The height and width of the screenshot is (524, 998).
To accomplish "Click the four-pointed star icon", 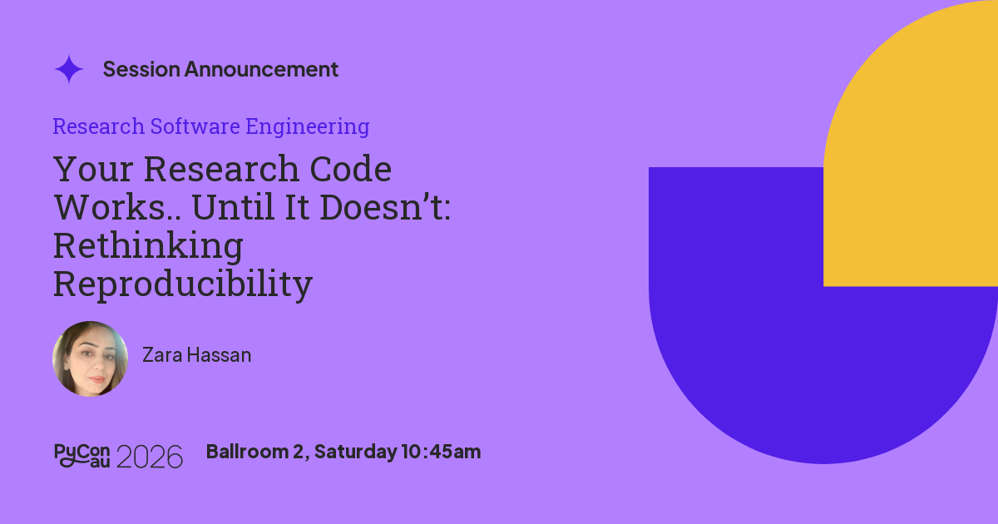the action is click(68, 69).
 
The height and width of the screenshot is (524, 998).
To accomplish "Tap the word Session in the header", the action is click(141, 70).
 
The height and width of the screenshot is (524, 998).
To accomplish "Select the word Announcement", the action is click(261, 70).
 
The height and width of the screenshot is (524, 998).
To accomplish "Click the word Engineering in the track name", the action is click(308, 127).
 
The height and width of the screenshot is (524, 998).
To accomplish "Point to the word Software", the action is click(195, 126).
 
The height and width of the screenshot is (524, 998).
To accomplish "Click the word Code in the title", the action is click(351, 169).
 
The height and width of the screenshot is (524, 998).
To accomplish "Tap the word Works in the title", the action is click(110, 207).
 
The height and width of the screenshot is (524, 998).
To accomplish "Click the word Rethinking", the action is click(148, 246).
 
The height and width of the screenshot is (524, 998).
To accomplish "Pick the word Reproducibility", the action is click(183, 284).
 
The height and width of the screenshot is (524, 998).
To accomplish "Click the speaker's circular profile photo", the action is click(91, 358).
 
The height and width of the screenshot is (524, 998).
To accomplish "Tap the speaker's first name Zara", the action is click(162, 355).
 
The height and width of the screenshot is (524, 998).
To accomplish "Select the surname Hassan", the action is click(219, 355).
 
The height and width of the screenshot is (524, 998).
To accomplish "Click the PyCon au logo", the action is click(82, 456).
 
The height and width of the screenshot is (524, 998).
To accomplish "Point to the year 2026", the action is click(149, 457).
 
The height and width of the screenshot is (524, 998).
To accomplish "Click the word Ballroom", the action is click(247, 452).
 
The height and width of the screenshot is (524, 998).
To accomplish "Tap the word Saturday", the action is click(356, 452).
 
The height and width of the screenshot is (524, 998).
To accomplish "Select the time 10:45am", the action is click(441, 452).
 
